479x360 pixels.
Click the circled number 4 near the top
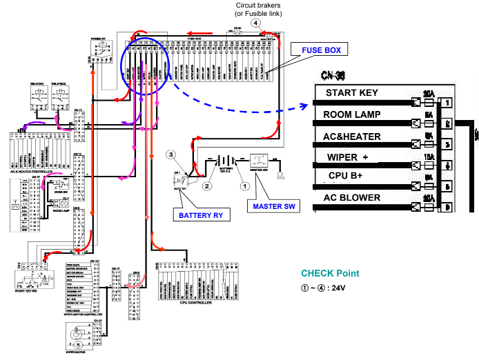256,22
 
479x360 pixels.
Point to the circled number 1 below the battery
242,185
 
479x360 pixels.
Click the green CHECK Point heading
330,273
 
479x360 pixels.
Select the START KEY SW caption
28,291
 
